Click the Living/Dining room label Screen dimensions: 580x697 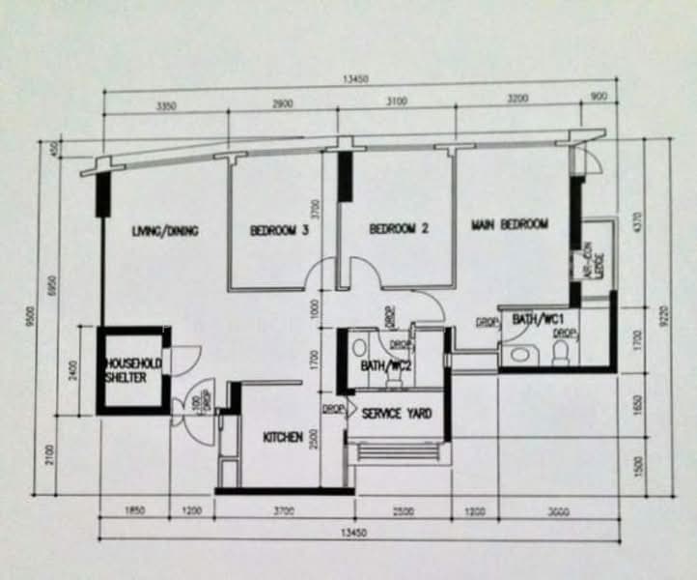pyautogui.click(x=165, y=230)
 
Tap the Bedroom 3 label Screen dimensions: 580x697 pyautogui.click(x=280, y=230)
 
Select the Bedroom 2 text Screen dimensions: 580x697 pyautogui.click(x=399, y=229)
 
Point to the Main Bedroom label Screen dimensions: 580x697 pyautogui.click(x=509, y=224)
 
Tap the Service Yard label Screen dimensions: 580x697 pyautogui.click(x=396, y=414)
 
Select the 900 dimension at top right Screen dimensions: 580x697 pyautogui.click(x=599, y=98)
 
